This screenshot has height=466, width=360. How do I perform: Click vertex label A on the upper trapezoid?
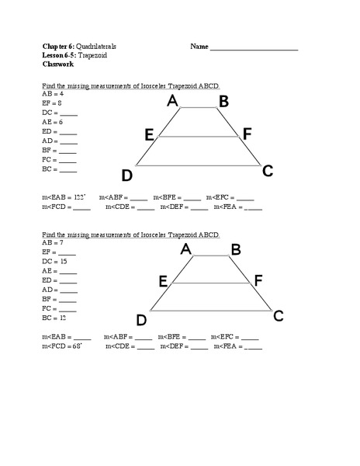pyautogui.click(x=172, y=101)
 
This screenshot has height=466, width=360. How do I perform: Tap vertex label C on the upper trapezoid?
pyautogui.click(x=268, y=171)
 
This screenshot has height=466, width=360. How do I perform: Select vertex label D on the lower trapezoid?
pyautogui.click(x=142, y=319)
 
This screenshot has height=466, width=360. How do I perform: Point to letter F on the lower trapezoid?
pyautogui.click(x=258, y=280)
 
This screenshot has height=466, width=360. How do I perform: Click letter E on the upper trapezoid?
pyautogui.click(x=149, y=134)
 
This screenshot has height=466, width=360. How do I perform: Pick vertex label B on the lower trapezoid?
pyautogui.click(x=236, y=249)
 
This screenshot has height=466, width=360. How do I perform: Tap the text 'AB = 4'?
pyautogui.click(x=54, y=92)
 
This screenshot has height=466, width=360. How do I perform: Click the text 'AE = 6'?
pyautogui.click(x=54, y=122)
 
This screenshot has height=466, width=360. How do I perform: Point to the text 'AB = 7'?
pyautogui.click(x=54, y=243)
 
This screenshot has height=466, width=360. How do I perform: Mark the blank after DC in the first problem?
pyautogui.click(x=68, y=113)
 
